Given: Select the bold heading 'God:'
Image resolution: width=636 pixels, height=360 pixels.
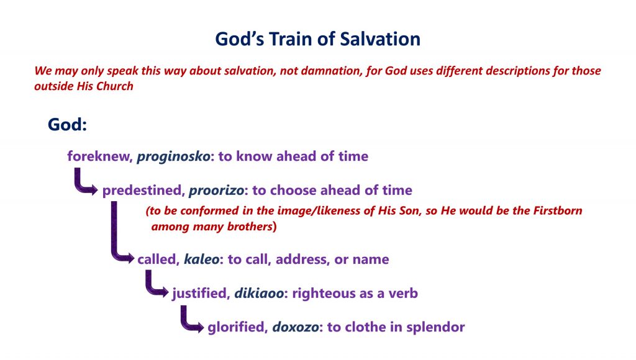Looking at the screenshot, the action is click(x=67, y=125).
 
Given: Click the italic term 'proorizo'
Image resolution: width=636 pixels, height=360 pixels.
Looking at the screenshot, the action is click(x=217, y=191).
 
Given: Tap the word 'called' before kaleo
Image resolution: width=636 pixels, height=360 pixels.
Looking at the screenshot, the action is click(x=158, y=259).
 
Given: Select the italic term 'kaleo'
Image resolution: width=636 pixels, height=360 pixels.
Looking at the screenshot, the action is click(x=202, y=259).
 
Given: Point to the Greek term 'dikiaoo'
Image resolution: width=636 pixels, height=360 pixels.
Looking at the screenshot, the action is click(x=259, y=293).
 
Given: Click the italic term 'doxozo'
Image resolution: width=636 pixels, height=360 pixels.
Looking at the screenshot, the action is click(x=295, y=327).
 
